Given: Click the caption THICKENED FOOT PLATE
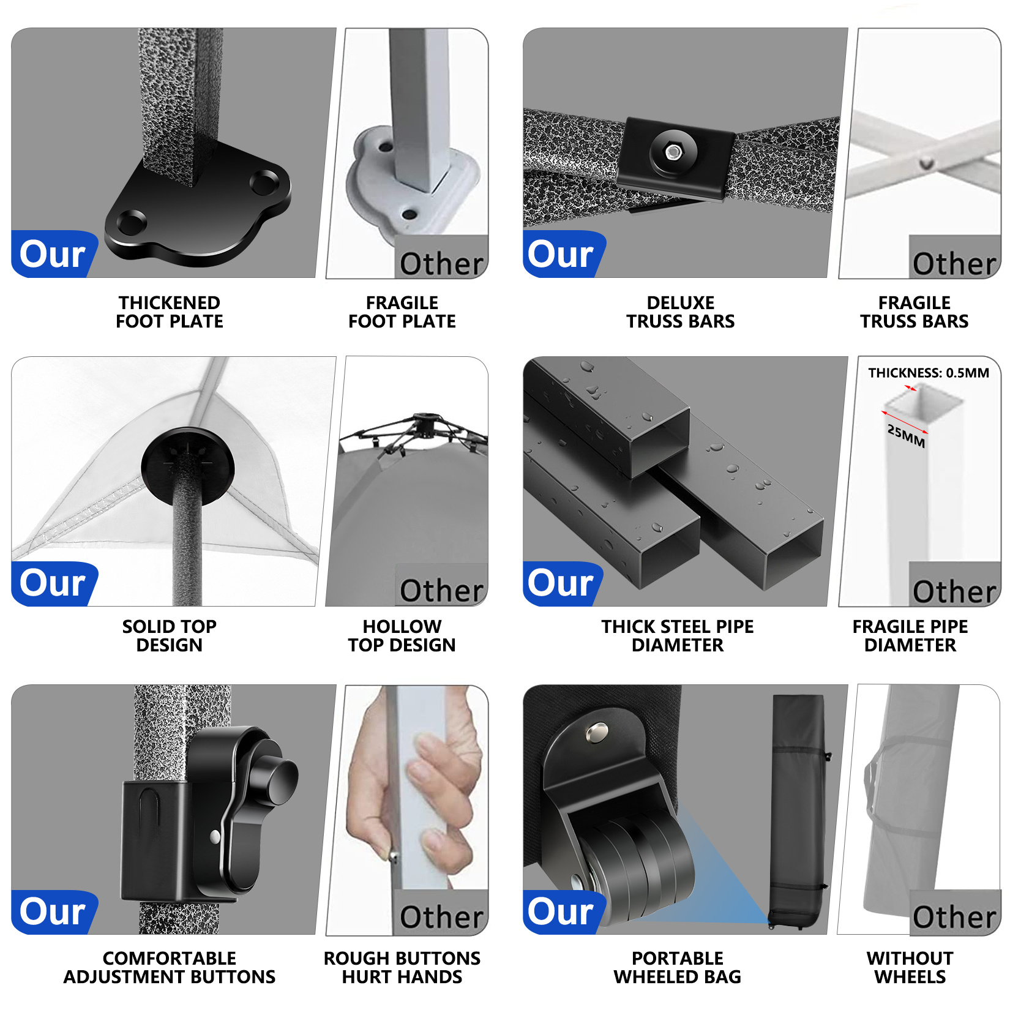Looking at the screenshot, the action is [170, 312].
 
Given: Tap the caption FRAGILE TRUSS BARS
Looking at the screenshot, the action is [915, 312].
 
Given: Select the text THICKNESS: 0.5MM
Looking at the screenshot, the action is [929, 373].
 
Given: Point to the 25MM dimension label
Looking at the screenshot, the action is [907, 435].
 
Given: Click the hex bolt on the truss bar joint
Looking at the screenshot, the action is [673, 151].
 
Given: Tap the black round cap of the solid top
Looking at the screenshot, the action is [187, 466].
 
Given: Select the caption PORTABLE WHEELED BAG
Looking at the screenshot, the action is [678, 967].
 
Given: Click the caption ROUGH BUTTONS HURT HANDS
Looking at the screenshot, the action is [402, 967].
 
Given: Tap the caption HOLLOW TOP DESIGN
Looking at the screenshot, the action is [402, 635].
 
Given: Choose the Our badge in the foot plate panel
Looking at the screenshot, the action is [54, 254].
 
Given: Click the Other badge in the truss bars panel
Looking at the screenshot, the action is [954, 257].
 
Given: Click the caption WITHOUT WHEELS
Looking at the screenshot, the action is [910, 967].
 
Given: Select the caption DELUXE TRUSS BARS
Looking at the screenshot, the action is [681, 312].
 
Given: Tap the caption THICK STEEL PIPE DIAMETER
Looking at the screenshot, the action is [678, 635].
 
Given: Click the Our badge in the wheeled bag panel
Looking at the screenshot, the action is [563, 912].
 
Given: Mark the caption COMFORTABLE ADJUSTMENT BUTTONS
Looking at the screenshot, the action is [170, 967].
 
